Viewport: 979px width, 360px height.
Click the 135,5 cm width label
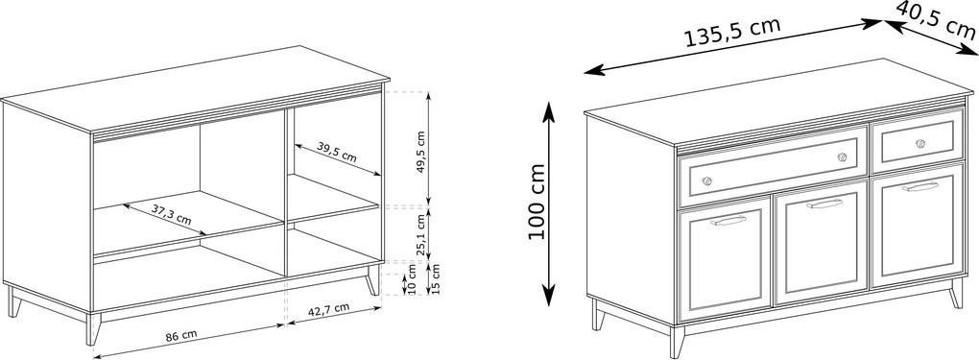[733, 32]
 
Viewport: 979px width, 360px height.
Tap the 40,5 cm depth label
[937, 19]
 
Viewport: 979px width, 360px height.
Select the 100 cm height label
[537, 202]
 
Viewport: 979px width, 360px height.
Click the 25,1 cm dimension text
[421, 235]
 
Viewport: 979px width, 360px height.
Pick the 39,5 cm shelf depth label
[337, 152]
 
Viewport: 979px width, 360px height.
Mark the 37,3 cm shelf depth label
[171, 214]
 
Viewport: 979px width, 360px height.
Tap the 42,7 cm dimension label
[328, 308]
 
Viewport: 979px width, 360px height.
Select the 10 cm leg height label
[410, 278]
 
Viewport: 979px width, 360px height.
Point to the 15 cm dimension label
[435, 278]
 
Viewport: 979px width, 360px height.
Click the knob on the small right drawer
[920, 143]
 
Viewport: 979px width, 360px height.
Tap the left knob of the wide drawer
[706, 181]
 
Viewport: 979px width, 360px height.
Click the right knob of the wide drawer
[843, 156]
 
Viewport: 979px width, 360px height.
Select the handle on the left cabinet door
[728, 220]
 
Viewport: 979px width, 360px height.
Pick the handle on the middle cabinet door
[824, 204]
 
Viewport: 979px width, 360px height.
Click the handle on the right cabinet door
[920, 187]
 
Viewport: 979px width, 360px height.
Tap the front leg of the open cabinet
[93, 328]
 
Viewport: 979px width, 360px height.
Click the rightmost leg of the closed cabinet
[956, 293]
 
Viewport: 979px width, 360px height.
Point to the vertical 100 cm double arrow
[548, 204]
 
